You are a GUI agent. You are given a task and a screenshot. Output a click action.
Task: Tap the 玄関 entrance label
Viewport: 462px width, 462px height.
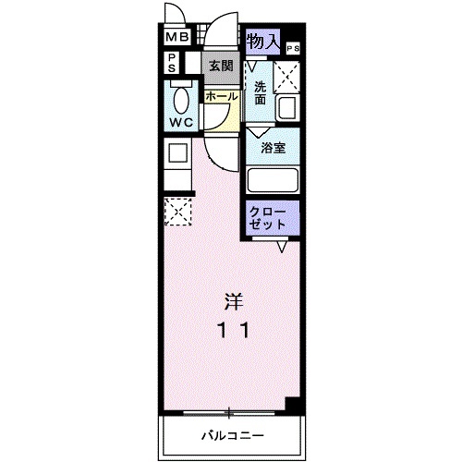tap(220, 66)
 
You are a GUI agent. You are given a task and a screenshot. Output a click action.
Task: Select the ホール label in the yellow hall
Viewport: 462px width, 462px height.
tap(221, 96)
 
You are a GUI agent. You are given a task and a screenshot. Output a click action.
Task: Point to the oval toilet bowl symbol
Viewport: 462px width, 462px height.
tap(180, 99)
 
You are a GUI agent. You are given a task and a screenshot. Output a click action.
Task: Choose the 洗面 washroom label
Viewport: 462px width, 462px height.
tap(261, 92)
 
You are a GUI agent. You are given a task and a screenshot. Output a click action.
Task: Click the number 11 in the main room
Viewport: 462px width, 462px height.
tap(232, 329)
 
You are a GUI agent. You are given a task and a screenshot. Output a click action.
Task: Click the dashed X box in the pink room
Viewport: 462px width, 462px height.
tap(176, 212)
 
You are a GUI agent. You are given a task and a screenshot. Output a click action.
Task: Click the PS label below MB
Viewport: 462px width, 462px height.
tap(172, 63)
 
